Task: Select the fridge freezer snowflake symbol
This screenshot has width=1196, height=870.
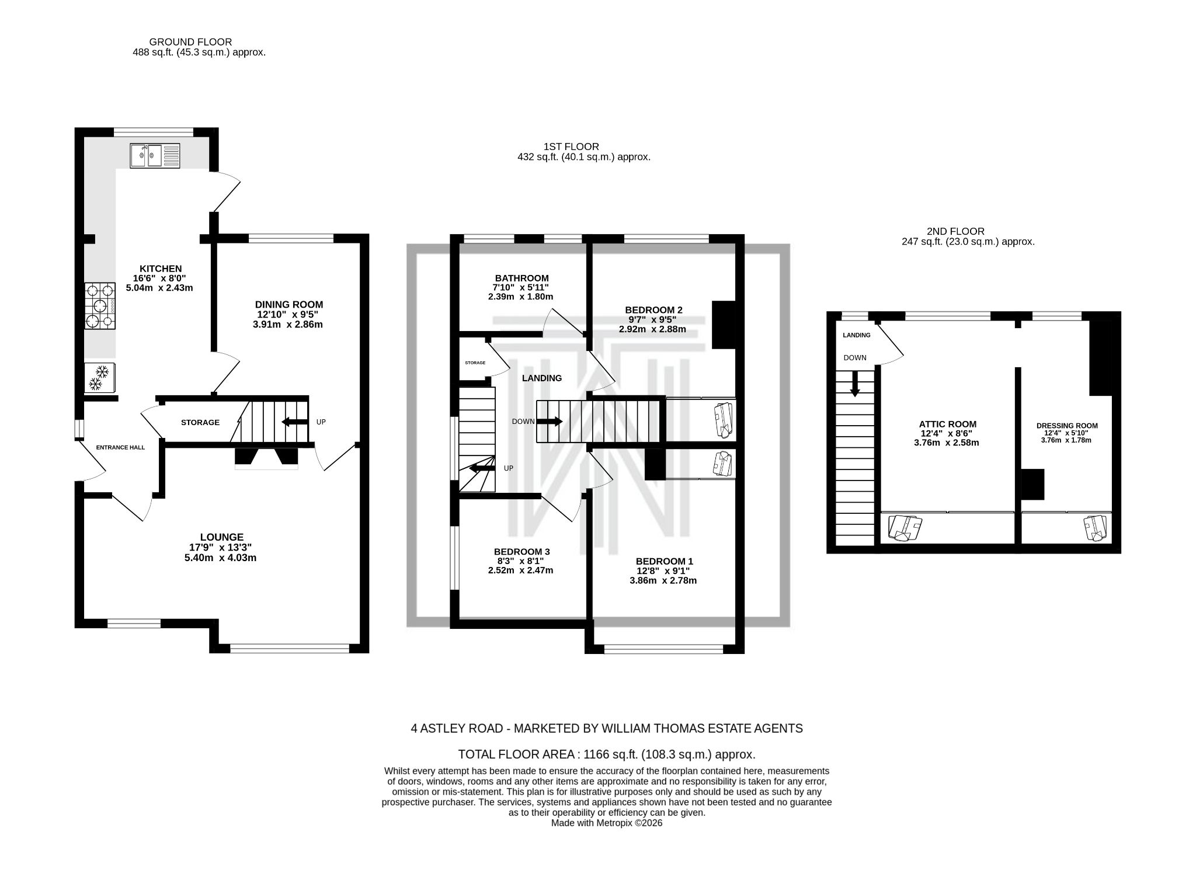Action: pyautogui.click(x=99, y=377)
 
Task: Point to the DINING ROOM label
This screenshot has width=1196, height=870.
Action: pyautogui.click(x=288, y=304)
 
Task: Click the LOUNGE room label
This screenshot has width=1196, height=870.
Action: pyautogui.click(x=221, y=537)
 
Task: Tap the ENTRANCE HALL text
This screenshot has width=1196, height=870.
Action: pyautogui.click(x=120, y=447)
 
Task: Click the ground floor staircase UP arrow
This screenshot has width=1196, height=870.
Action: pyautogui.click(x=295, y=422)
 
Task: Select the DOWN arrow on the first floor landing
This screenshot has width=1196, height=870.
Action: pyautogui.click(x=550, y=421)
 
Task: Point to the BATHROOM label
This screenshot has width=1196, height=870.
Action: pyautogui.click(x=521, y=278)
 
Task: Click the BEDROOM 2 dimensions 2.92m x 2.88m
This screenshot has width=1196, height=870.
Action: pyautogui.click(x=652, y=329)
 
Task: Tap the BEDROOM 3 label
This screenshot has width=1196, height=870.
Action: pyautogui.click(x=521, y=551)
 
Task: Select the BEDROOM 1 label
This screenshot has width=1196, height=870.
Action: pyautogui.click(x=664, y=561)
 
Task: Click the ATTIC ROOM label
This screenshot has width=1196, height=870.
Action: pyautogui.click(x=947, y=424)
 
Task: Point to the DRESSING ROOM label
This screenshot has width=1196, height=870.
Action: pyautogui.click(x=1067, y=426)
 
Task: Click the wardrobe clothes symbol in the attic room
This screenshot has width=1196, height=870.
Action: pyautogui.click(x=904, y=528)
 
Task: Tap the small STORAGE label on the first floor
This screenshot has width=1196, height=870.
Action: pyautogui.click(x=475, y=363)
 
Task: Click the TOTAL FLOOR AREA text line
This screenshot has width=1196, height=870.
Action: pyautogui.click(x=606, y=754)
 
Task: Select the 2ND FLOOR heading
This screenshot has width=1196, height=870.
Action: pyautogui.click(x=955, y=231)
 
